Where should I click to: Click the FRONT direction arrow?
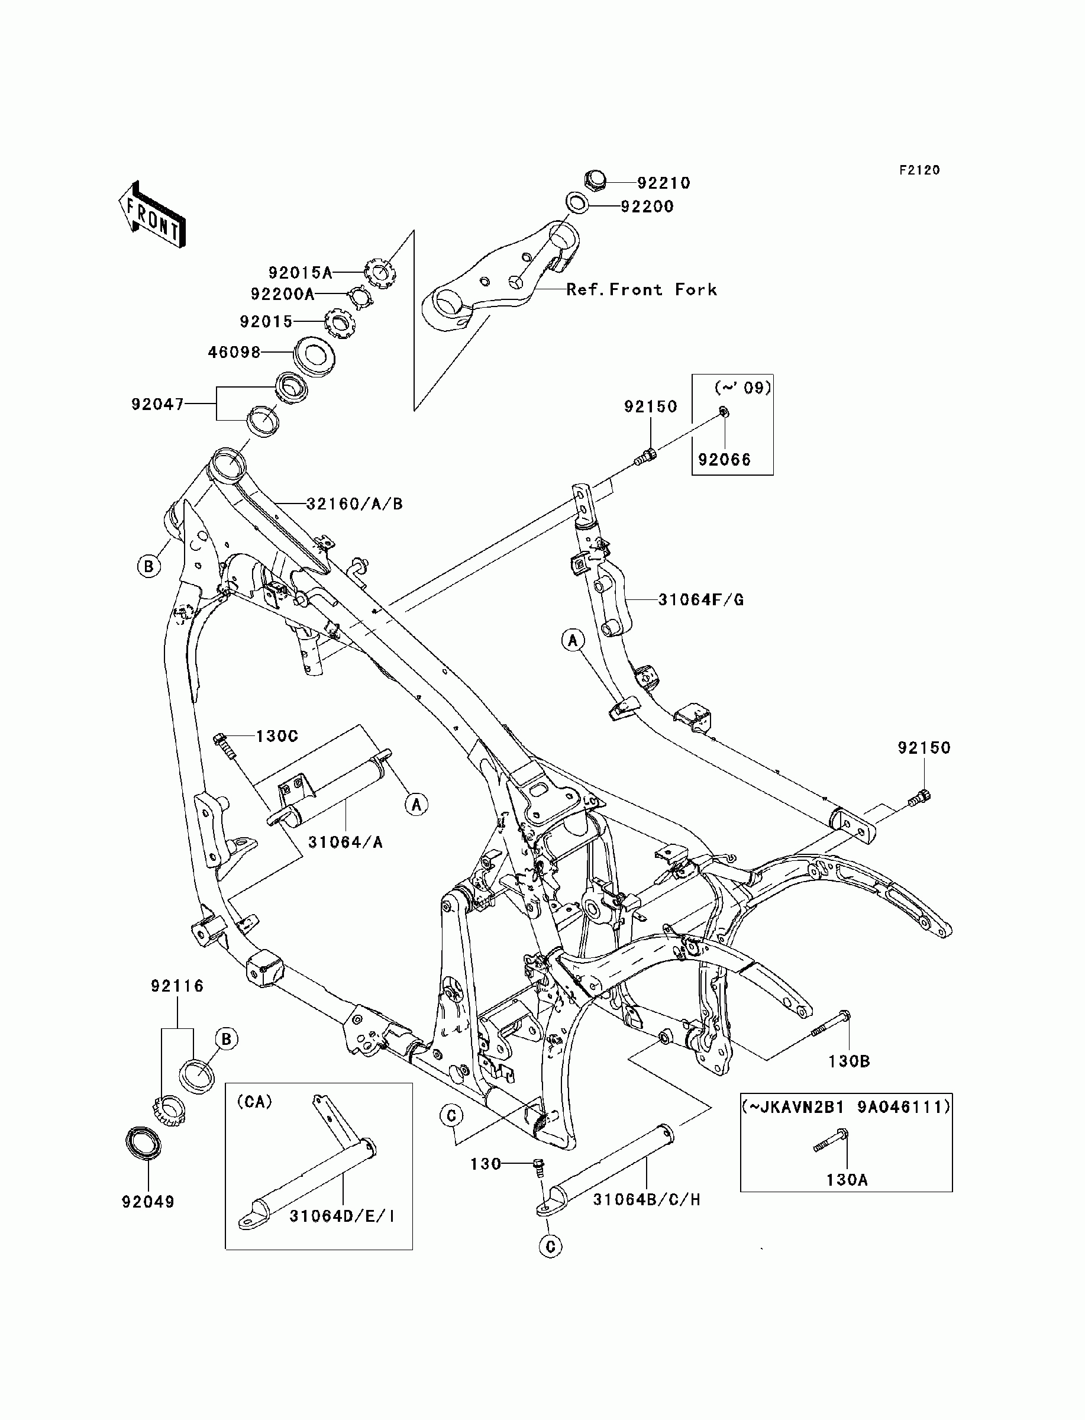[x=153, y=214]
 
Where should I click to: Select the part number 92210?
[x=664, y=183]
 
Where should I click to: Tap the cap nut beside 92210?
[x=594, y=179]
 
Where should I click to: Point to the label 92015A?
[x=301, y=273]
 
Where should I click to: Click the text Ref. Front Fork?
[x=641, y=289]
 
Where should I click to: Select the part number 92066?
[x=725, y=460]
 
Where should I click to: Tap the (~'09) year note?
[x=742, y=388]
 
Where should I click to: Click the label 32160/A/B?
[x=354, y=504]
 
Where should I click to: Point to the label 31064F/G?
[x=700, y=600]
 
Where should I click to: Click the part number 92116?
[x=177, y=986]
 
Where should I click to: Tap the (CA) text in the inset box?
[x=254, y=1102]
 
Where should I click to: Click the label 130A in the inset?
[x=847, y=1180]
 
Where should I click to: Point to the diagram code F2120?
[x=920, y=170]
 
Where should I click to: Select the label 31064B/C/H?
[x=647, y=1200]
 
